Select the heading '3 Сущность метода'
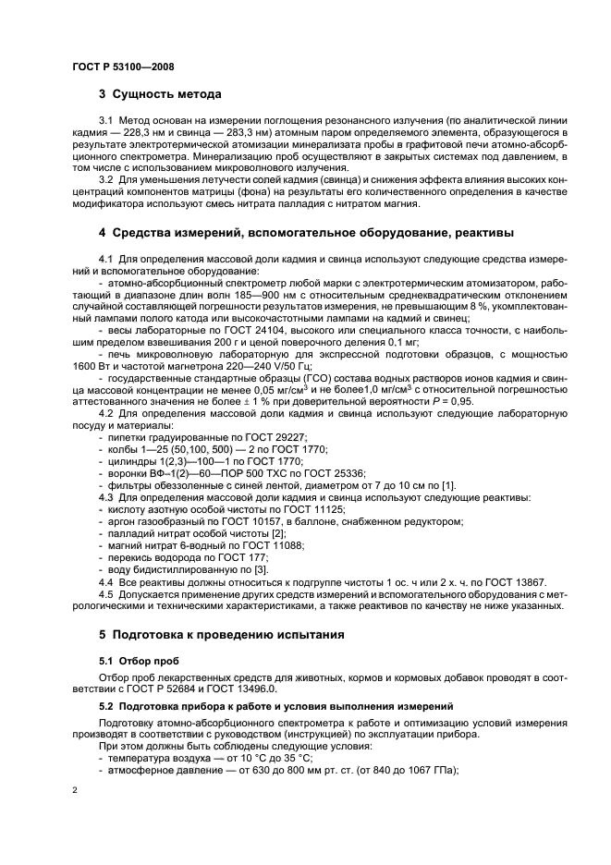tap(159, 94)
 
